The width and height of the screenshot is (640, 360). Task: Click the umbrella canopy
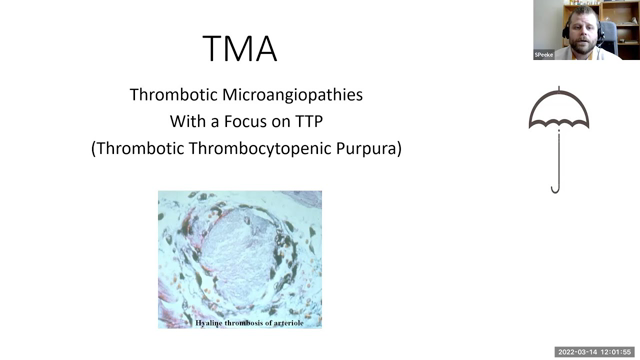tap(559, 112)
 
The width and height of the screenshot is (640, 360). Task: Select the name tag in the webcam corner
tap(545, 55)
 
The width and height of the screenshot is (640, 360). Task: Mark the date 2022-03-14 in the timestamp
tap(577, 352)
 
